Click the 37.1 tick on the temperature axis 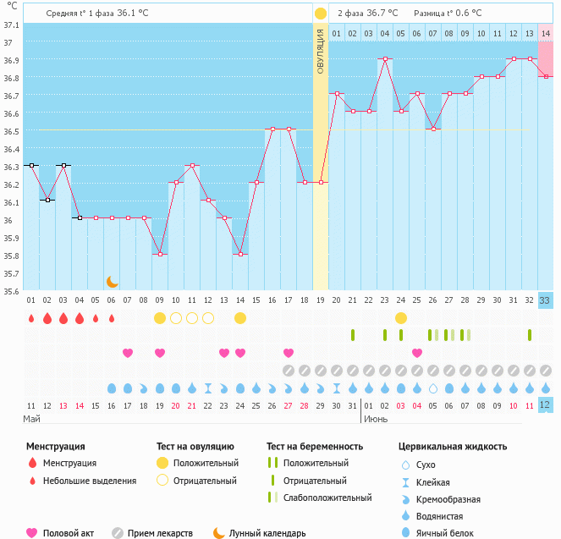11,25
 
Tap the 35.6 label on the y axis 11,291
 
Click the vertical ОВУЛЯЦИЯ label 321,51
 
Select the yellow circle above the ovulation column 321,14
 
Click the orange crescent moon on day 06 112,281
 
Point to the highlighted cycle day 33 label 545,300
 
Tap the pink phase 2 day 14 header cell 546,33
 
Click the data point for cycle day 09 160,254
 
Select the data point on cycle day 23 385,59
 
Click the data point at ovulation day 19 321,182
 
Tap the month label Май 31,419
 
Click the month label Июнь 376,419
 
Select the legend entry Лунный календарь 267,533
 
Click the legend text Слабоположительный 327,498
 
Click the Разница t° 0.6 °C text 448,14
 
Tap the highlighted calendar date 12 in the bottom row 545,404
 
